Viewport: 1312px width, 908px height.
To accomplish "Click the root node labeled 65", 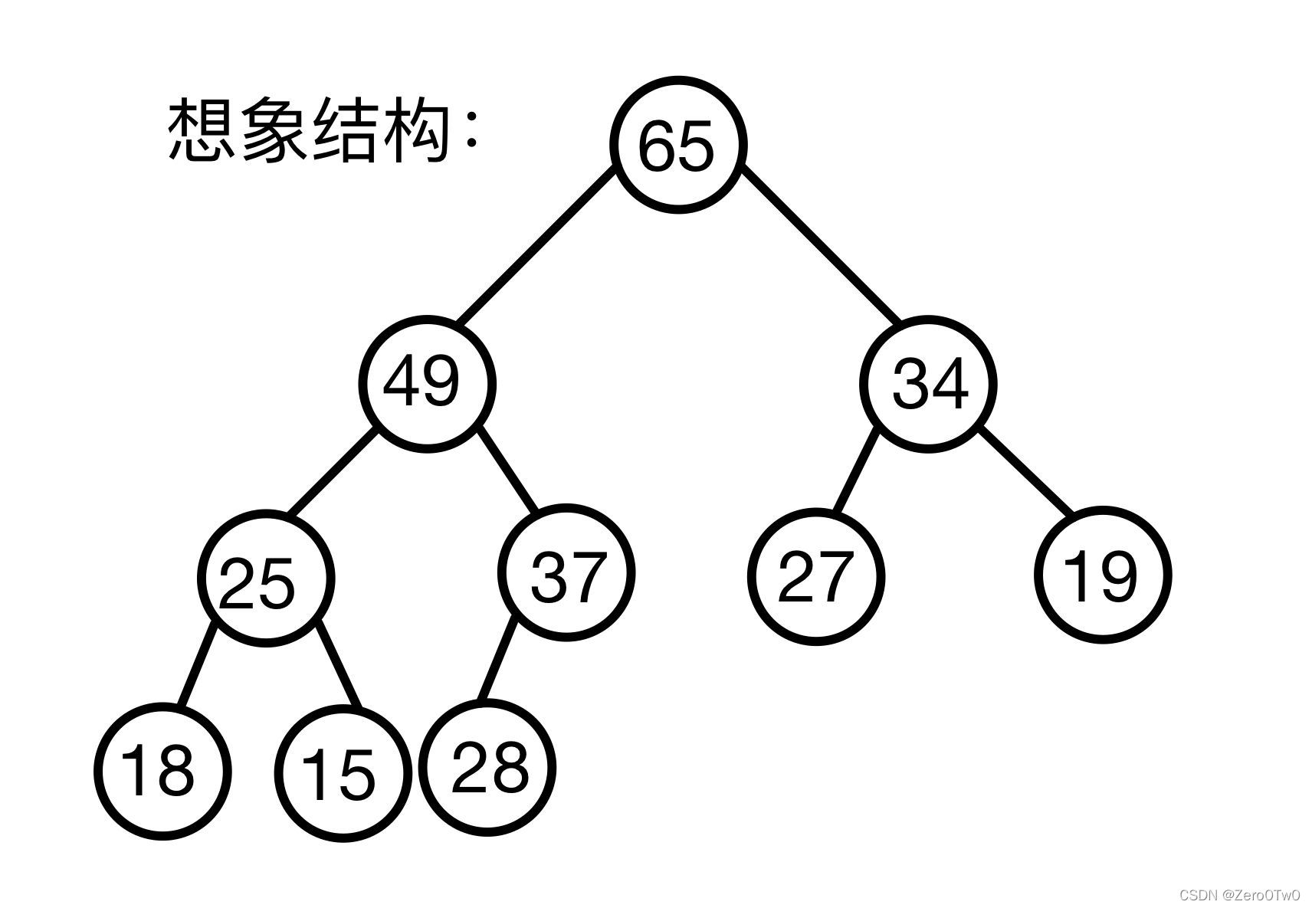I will point(677,144).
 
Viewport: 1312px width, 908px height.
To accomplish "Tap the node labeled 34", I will point(929,383).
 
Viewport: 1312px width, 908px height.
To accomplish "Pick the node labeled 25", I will point(266,578).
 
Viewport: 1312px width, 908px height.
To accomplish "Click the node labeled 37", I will point(566,572).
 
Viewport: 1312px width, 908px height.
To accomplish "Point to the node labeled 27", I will point(815,575).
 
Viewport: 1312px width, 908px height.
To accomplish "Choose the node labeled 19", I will point(1102,575).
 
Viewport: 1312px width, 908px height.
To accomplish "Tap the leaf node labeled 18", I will point(162,771).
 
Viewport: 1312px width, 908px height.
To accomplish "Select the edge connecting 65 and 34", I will point(820,246).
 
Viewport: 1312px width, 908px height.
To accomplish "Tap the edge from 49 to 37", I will point(509,469).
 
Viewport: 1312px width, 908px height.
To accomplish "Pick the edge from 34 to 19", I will point(1025,470).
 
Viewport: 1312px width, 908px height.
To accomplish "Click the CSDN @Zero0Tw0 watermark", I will point(1239,895).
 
